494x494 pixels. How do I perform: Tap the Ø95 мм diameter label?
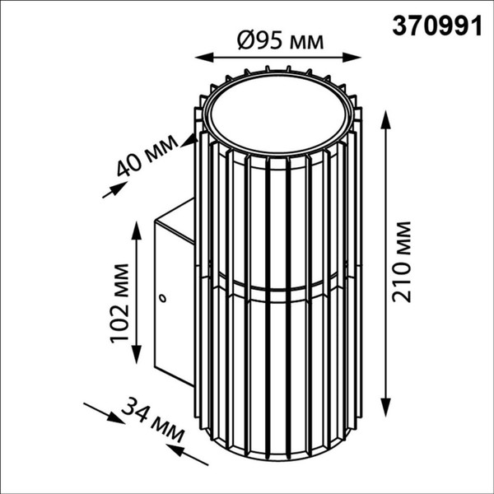[277, 40]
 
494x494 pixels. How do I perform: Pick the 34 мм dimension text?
[151, 421]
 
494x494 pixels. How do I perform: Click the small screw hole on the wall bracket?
[163, 297]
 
